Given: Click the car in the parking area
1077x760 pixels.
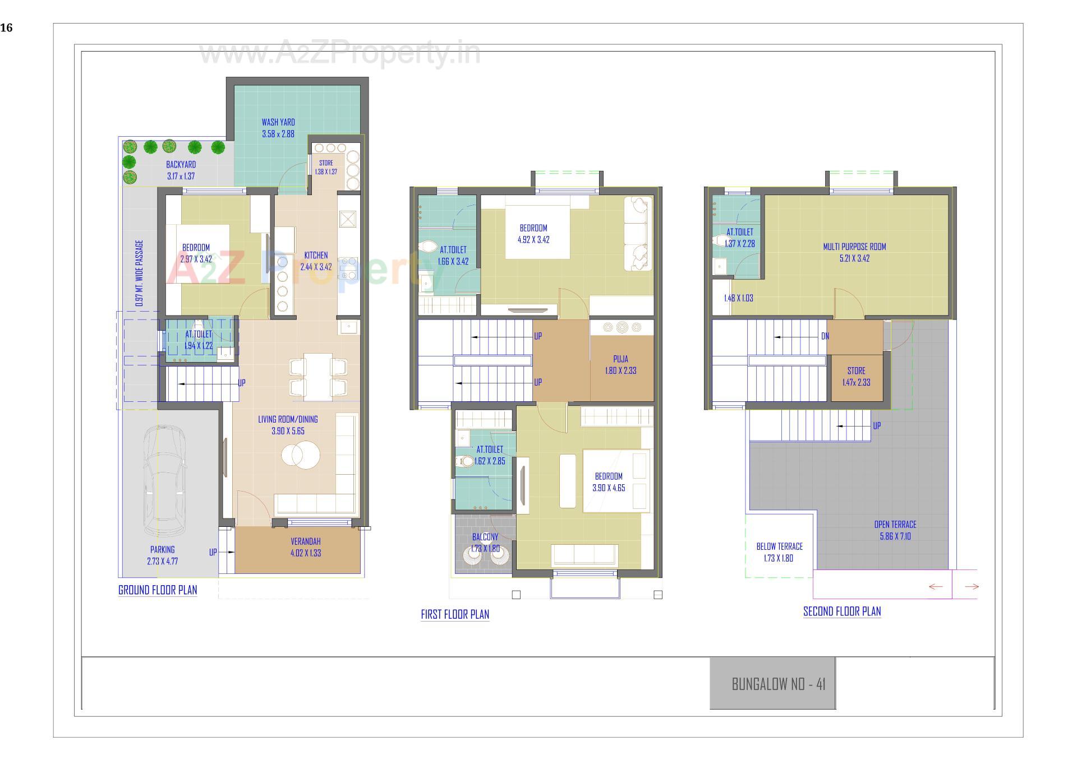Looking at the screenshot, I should (164, 481).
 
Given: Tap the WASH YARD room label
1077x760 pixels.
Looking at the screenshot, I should (278, 122).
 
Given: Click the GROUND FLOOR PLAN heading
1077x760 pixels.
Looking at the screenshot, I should (158, 590).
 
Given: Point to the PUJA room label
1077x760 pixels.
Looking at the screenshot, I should (620, 359).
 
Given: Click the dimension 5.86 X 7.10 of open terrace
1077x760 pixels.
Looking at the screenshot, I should (895, 536).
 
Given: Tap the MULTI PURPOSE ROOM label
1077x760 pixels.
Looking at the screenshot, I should (854, 247).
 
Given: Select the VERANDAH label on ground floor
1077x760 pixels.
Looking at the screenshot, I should (306, 541).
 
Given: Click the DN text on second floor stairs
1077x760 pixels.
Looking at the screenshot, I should (825, 336).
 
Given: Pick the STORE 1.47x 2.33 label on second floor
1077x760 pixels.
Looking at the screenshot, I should (856, 377).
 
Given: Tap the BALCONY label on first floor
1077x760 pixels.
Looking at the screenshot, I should (485, 537).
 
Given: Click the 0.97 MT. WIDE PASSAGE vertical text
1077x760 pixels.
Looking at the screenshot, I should (140, 273).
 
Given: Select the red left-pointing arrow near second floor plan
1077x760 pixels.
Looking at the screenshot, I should (936, 587).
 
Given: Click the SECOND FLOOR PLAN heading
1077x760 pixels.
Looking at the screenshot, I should (842, 611).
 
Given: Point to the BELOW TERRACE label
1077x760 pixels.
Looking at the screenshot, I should (779, 546).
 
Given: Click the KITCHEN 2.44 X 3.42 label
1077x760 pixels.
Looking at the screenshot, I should (316, 261).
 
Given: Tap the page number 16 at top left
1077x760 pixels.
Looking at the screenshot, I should (6, 28).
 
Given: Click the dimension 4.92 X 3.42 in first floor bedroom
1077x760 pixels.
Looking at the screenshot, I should (533, 240).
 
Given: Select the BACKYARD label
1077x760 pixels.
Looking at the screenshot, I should (181, 165).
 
